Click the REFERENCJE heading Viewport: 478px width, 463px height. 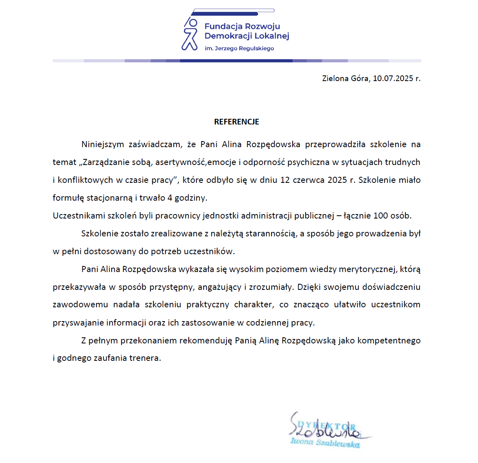click(x=237, y=122)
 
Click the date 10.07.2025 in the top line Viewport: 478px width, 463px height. click(x=393, y=78)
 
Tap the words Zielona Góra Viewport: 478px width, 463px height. click(x=345, y=78)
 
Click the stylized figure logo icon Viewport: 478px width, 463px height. click(x=190, y=34)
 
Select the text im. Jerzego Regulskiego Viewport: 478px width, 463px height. click(x=239, y=48)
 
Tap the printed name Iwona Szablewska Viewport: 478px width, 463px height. click(x=325, y=442)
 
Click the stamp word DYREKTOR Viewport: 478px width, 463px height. click(x=327, y=426)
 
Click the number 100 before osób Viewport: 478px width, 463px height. click(x=381, y=216)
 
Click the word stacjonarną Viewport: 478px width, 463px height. click(x=110, y=198)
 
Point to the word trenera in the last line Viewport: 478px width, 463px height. click(x=145, y=358)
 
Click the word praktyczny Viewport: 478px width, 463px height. click(x=208, y=304)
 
